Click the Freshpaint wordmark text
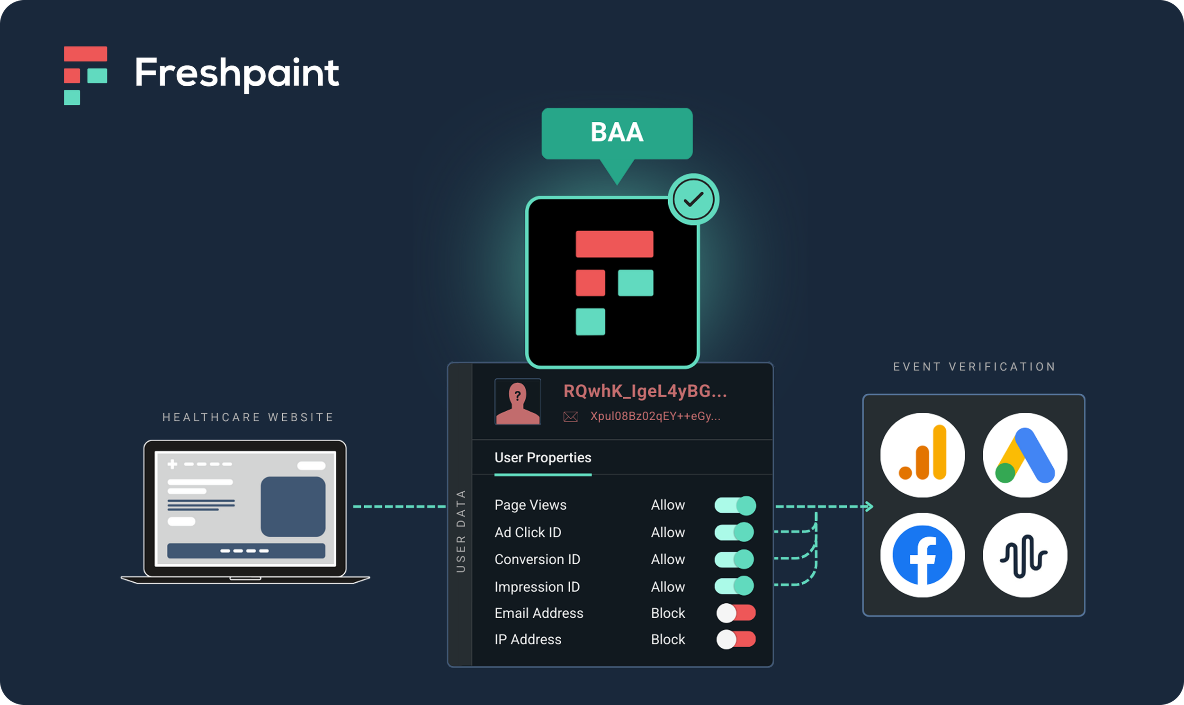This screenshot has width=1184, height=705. click(x=236, y=72)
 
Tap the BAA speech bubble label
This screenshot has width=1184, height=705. click(x=617, y=133)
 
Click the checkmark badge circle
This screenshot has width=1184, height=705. click(x=693, y=199)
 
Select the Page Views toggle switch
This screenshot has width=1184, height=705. click(x=735, y=505)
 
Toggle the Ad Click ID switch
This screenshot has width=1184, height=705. click(x=734, y=532)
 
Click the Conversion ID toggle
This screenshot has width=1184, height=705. click(x=734, y=559)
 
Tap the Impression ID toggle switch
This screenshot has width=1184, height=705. click(x=734, y=586)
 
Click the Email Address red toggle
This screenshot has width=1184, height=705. click(x=736, y=613)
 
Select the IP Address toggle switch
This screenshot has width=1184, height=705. click(x=736, y=640)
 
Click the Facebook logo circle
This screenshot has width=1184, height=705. click(x=922, y=555)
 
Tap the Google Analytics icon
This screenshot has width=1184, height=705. click(x=922, y=455)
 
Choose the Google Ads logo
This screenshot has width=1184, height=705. click(x=1024, y=455)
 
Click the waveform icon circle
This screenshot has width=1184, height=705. click(x=1024, y=555)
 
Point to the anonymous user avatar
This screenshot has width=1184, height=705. click(x=518, y=402)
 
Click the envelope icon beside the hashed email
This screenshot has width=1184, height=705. click(x=570, y=416)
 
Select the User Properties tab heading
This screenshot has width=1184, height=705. click(x=543, y=458)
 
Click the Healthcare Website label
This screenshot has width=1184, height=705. click(x=248, y=417)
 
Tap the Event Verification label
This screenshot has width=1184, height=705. click(x=974, y=367)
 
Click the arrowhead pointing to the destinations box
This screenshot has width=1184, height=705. click(x=869, y=506)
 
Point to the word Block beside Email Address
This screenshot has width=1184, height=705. click(x=667, y=613)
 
